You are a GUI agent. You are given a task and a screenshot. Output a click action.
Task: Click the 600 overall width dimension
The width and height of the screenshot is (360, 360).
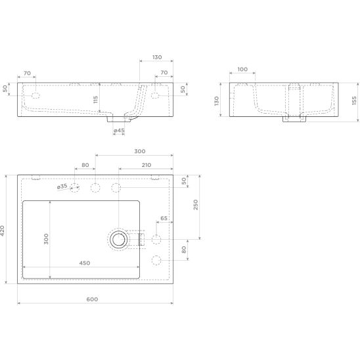[92, 299]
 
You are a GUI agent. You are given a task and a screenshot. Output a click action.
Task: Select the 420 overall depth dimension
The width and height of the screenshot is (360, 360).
[2, 231]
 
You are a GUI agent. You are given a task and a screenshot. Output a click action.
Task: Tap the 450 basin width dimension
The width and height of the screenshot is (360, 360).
[85, 263]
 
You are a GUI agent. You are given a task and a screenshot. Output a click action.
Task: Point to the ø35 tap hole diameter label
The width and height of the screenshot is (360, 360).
[62, 187]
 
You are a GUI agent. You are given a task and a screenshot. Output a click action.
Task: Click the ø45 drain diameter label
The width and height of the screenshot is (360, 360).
[119, 131]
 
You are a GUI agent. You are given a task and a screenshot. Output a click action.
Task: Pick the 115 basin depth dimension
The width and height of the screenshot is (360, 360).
[95, 99]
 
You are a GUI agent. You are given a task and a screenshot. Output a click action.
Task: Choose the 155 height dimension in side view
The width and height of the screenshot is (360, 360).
[354, 101]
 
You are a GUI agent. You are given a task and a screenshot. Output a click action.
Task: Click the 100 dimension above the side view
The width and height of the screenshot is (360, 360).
[242, 69]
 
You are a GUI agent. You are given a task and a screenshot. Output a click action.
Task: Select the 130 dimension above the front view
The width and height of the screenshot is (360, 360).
[157, 57]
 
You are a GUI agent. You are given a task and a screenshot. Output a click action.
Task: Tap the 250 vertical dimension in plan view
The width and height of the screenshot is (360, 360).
[195, 204]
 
